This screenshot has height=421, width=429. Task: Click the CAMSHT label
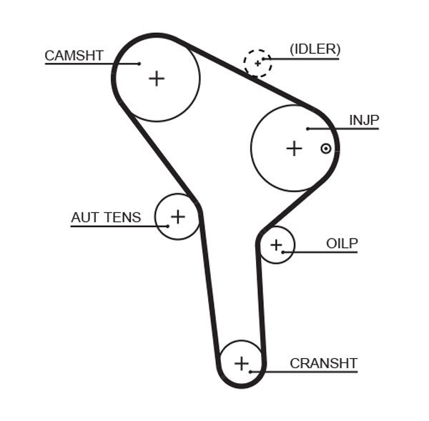pyautogui.click(x=74, y=55)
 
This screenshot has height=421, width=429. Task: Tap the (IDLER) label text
pyautogui.click(x=315, y=49)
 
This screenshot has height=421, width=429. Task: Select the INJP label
pyautogui.click(x=363, y=120)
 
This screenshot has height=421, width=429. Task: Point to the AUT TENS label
pyautogui.click(x=106, y=217)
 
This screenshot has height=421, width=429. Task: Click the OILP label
pyautogui.click(x=342, y=243)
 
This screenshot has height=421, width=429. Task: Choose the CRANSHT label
pyautogui.click(x=323, y=363)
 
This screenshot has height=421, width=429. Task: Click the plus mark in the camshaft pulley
pyautogui.click(x=156, y=78)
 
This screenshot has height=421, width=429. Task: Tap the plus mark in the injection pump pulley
pyautogui.click(x=294, y=148)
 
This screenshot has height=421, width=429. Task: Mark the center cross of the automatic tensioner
pyautogui.click(x=177, y=215)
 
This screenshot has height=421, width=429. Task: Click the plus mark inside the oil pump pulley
pyautogui.click(x=276, y=246)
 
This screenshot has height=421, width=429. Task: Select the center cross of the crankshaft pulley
pyautogui.click(x=242, y=363)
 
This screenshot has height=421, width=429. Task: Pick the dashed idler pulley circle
pyautogui.click(x=257, y=63)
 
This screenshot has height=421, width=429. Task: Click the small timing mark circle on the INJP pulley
pyautogui.click(x=326, y=149)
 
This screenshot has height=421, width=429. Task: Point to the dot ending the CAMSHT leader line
pyautogui.click(x=139, y=64)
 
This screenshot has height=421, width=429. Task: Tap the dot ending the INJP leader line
pyautogui.click(x=307, y=129)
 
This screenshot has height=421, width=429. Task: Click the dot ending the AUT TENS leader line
pyautogui.click(x=169, y=226)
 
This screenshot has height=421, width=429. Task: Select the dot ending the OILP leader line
pyautogui.click(x=284, y=252)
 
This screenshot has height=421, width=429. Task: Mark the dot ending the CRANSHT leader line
pyautogui.click(x=251, y=370)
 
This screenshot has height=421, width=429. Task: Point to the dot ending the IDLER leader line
pyautogui.click(x=265, y=58)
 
